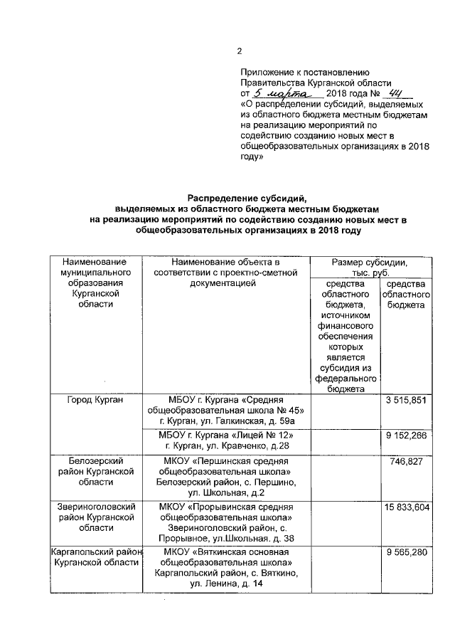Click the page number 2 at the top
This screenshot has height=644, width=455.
click(x=239, y=51)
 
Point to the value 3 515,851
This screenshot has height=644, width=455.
click(x=405, y=402)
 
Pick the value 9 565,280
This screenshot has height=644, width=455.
click(x=405, y=553)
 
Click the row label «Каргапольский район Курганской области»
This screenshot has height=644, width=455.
click(x=96, y=558)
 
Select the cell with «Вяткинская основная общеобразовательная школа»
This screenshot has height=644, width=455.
click(x=226, y=568)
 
